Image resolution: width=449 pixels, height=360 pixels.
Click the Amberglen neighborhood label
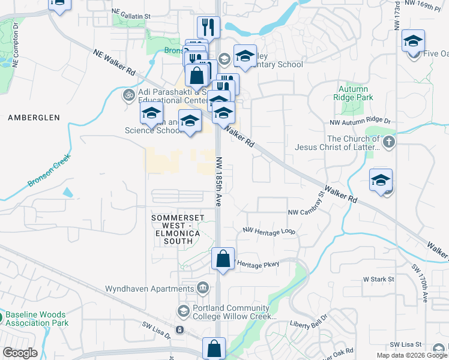tap(34, 118)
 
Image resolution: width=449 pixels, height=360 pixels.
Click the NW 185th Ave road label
tap(220, 182)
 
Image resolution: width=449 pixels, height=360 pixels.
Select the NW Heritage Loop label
tap(269, 230)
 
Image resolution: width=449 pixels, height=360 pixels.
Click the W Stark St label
tap(378, 279)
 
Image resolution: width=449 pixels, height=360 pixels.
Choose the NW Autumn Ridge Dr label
tap(360, 122)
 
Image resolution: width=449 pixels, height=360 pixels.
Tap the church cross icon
tap(389, 143)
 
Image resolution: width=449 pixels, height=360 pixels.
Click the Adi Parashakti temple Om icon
tap(128, 95)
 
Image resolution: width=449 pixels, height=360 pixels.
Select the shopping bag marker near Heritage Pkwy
tap(223, 259)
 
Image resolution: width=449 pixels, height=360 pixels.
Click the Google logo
tap(20, 353)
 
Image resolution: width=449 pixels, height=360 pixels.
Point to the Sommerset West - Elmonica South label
tap(177, 229)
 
